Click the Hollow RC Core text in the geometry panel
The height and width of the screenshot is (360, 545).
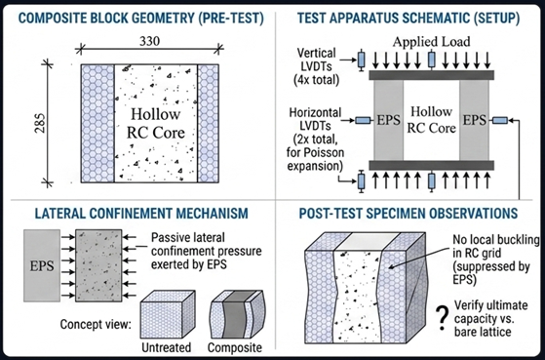(150, 114)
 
